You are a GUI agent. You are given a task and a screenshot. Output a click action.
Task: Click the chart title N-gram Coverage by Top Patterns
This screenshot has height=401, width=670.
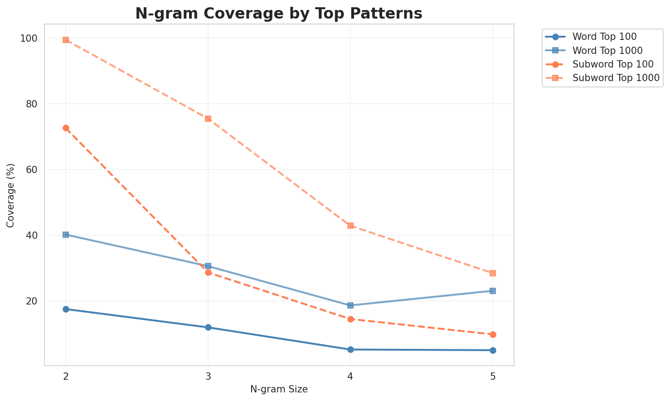tap(279, 14)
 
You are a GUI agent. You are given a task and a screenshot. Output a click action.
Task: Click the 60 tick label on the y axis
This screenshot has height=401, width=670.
tap(33, 170)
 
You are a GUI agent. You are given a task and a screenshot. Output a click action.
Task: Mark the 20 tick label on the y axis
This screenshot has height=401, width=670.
tap(33, 301)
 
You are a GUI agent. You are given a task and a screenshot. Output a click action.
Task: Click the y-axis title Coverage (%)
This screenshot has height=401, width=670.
tap(11, 195)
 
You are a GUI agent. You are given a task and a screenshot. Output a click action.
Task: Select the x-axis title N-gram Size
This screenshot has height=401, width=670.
tap(279, 389)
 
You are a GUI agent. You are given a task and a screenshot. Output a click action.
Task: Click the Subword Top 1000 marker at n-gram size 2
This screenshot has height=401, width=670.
tap(66, 40)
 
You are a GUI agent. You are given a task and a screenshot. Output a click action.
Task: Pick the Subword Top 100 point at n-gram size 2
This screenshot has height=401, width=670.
tap(66, 128)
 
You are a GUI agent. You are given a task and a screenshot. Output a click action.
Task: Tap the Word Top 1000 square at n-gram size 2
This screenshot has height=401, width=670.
tap(66, 235)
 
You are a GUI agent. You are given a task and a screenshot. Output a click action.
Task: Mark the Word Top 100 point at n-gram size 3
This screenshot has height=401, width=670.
tap(208, 327)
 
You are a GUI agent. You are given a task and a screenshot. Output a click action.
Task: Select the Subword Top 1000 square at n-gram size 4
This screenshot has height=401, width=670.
tap(350, 226)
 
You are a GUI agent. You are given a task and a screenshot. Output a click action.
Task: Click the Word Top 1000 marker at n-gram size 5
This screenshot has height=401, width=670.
tap(493, 291)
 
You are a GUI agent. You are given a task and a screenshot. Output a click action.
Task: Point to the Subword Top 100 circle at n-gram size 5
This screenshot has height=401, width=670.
tap(493, 334)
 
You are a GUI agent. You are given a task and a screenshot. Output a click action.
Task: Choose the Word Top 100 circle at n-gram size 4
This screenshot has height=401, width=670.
tap(350, 349)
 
